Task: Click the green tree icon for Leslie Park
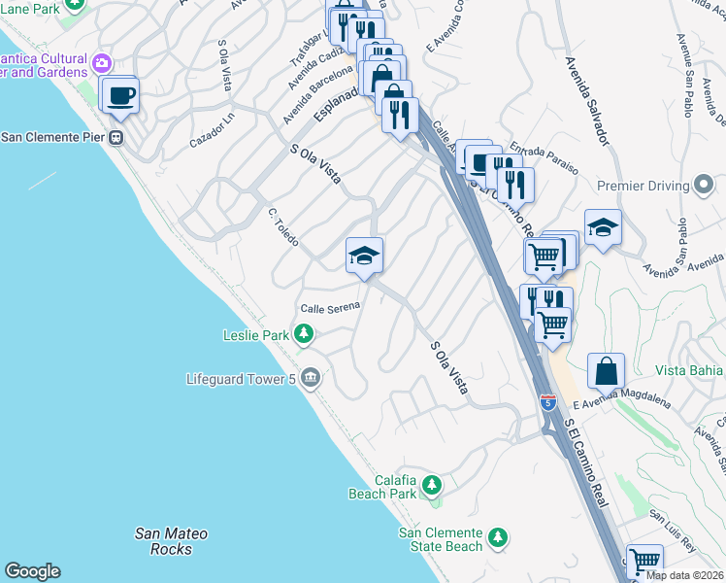click(x=305, y=335)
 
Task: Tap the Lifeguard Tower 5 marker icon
click(x=310, y=378)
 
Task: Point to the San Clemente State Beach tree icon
click(x=498, y=536)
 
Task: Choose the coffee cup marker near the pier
click(x=122, y=95)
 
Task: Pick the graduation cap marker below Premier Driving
click(x=603, y=227)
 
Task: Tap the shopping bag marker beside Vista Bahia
click(x=606, y=370)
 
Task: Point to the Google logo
click(x=32, y=571)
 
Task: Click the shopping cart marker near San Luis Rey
click(x=644, y=562)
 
